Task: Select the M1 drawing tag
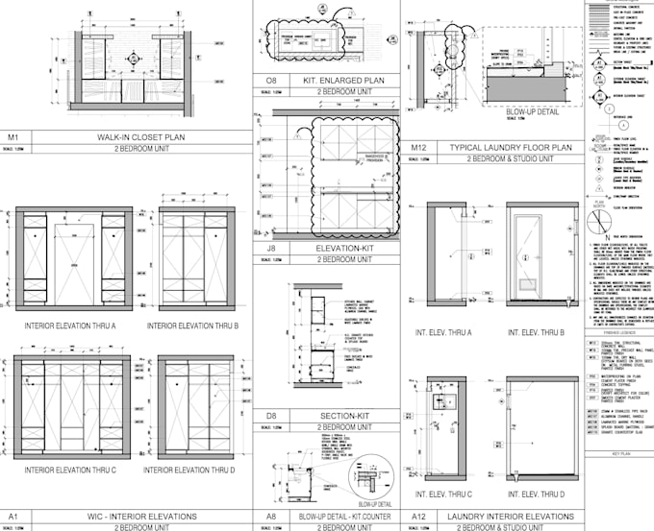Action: (13, 137)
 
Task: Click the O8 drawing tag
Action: (270, 80)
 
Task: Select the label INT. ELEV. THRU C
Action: (443, 495)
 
